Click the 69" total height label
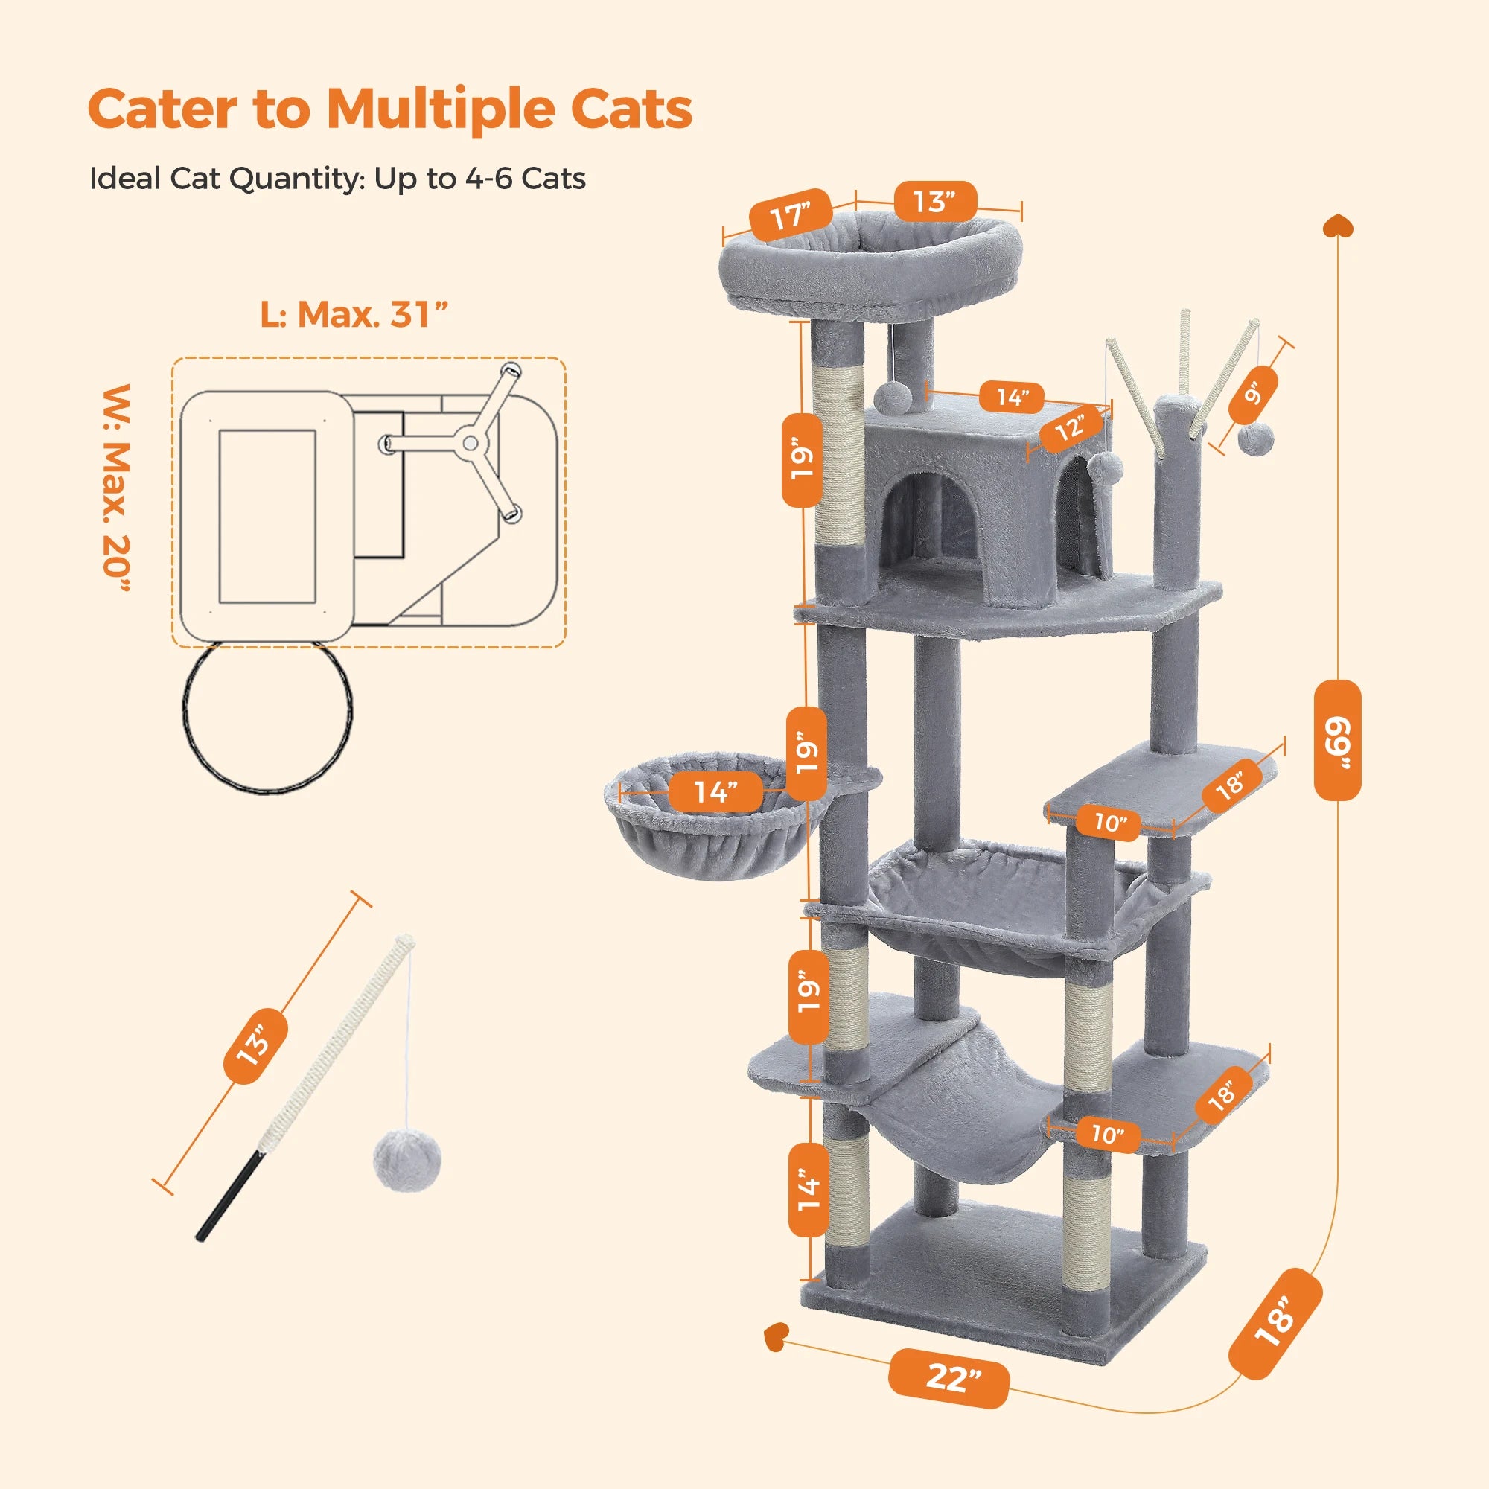[x=1337, y=740]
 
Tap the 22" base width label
[x=948, y=1378]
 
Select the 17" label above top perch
[x=791, y=215]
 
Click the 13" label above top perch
[x=935, y=201]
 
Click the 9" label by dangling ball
[x=1254, y=394]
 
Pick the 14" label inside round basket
[x=715, y=791]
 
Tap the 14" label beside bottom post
[x=809, y=1188]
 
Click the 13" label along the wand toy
[x=256, y=1045]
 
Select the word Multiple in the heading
[x=440, y=109]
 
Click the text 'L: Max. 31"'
[x=354, y=314]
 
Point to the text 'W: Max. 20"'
[x=116, y=487]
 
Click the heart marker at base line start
[x=776, y=1336]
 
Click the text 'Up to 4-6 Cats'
[x=479, y=179]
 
